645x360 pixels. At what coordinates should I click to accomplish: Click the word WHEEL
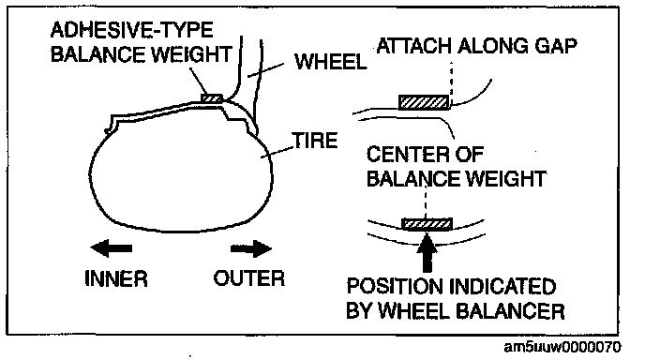[330, 62]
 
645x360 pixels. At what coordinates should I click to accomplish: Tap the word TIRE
[315, 141]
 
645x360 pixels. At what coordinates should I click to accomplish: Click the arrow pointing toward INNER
[111, 248]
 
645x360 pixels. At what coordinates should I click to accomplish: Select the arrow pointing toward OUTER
[251, 248]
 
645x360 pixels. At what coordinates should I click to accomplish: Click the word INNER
[116, 278]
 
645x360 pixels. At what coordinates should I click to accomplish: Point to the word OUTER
[248, 278]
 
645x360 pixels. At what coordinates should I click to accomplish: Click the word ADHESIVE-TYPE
[131, 30]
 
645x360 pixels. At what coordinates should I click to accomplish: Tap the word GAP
[555, 46]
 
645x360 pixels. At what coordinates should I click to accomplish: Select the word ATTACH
[415, 46]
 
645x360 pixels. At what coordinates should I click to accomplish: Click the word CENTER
[407, 155]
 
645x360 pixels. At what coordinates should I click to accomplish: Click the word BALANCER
[511, 311]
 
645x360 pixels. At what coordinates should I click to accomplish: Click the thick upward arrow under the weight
[427, 252]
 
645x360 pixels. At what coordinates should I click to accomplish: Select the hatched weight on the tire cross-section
[212, 98]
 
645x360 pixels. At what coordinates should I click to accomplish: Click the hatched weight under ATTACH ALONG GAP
[424, 102]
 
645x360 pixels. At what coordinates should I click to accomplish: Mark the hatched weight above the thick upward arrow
[427, 224]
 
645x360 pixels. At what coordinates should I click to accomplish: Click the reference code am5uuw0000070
[562, 347]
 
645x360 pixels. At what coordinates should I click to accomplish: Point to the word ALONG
[494, 46]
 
